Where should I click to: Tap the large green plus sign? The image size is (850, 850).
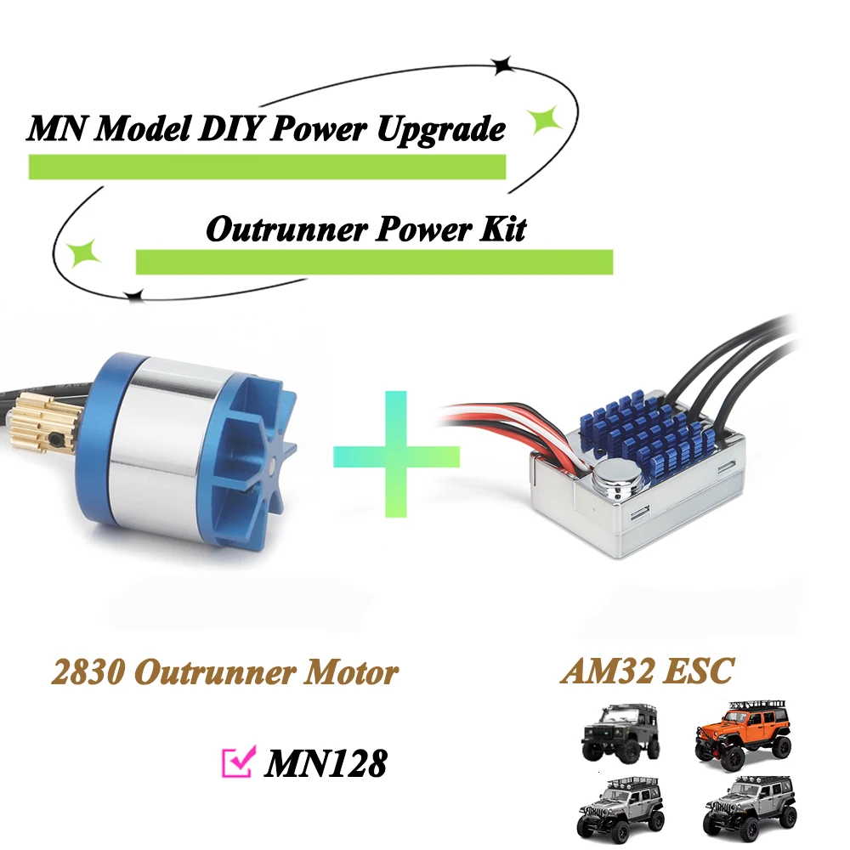pos(396,455)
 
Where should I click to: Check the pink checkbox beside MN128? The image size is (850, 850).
pos(236,762)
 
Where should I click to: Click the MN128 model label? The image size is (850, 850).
pos(326,763)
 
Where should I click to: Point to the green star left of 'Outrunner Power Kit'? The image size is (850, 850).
pos(85,252)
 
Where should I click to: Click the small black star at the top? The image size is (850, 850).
pos(504,63)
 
